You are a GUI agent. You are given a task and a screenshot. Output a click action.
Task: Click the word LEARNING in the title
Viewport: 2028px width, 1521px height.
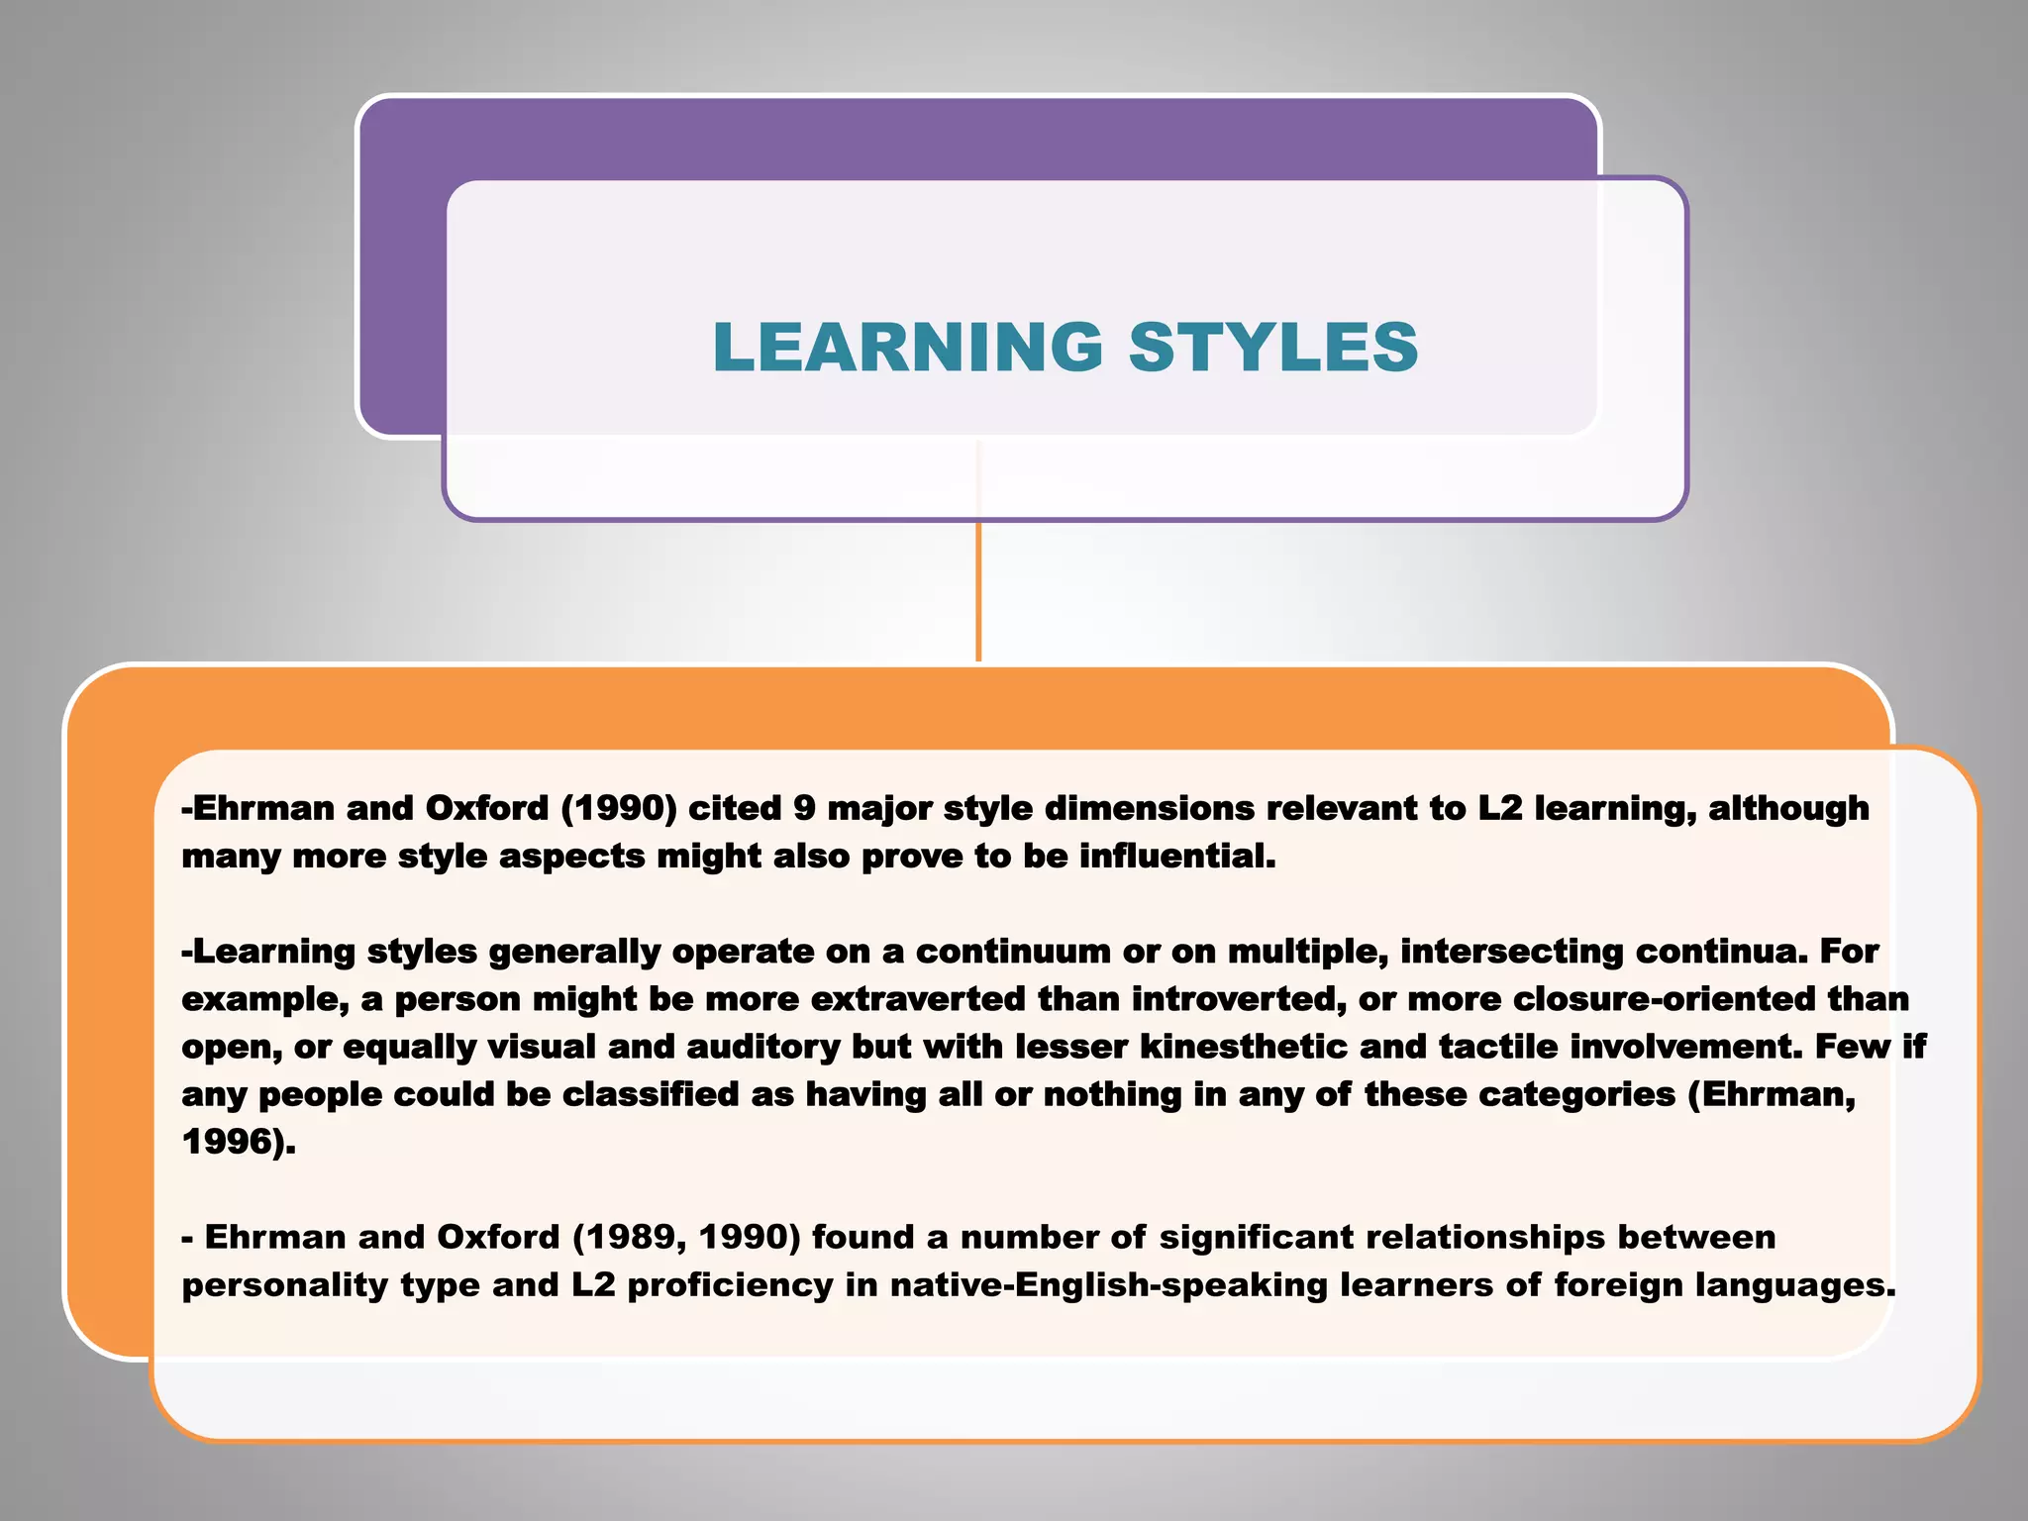(x=907, y=348)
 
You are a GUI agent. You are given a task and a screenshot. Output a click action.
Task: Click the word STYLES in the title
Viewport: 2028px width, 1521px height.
(x=1273, y=348)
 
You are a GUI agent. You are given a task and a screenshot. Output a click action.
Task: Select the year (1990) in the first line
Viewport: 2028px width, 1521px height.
(x=619, y=808)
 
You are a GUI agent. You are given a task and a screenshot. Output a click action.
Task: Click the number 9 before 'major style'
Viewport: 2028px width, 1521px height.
(x=803, y=808)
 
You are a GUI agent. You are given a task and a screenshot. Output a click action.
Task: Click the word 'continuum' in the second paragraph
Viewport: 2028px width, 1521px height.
(x=1013, y=951)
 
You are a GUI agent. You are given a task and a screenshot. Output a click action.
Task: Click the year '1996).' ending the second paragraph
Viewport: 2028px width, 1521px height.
(x=239, y=1142)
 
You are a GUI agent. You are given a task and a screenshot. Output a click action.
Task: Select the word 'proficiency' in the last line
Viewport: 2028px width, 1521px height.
(x=730, y=1285)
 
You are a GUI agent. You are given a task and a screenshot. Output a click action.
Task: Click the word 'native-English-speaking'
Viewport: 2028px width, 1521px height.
(x=1108, y=1284)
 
